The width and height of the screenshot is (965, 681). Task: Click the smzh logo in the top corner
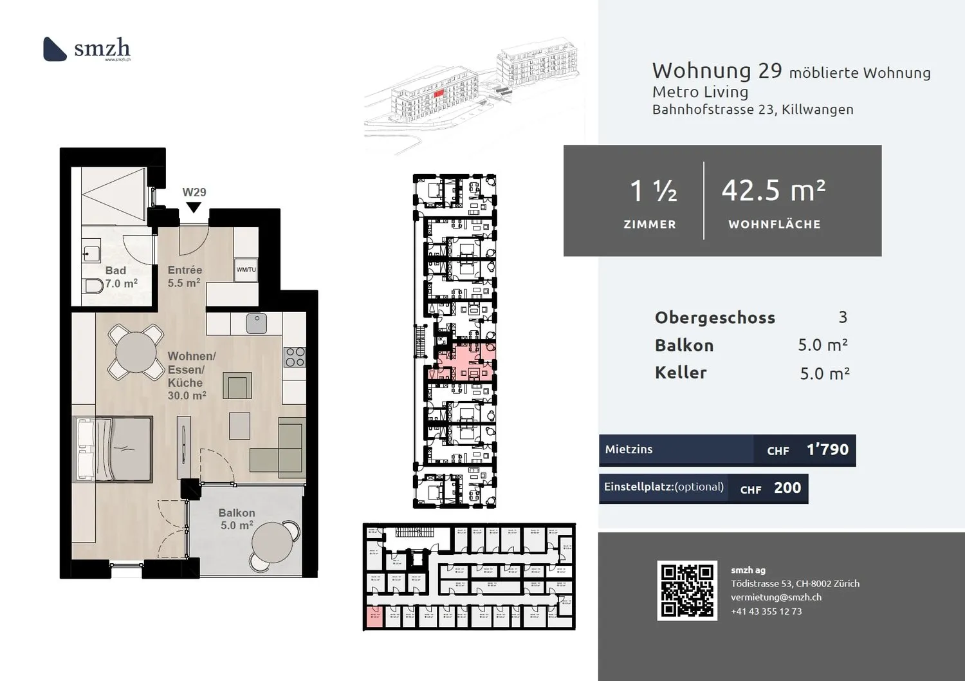coord(87,49)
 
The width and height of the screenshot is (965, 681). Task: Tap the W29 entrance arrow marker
coord(194,207)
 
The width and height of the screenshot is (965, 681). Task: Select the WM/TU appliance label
coord(246,270)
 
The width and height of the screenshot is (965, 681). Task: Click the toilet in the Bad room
coord(94,286)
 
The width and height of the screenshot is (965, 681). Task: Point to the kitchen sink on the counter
coord(256,323)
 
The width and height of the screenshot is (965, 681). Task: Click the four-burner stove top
coord(295,357)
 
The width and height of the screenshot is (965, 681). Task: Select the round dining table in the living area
coord(136,351)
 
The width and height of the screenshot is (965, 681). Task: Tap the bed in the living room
coord(114,449)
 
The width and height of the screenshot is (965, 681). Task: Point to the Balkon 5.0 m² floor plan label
coord(237,519)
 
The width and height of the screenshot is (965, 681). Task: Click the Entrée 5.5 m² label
coord(185,276)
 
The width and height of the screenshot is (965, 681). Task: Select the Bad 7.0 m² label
coord(118,277)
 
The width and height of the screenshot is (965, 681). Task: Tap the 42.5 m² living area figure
coord(773,191)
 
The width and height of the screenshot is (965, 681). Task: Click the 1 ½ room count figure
coord(653,191)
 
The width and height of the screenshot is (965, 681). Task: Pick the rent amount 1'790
coord(827,449)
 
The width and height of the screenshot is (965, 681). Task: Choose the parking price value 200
coord(787,488)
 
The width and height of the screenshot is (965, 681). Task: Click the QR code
coord(687,590)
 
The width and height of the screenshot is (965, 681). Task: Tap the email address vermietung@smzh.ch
coord(776,597)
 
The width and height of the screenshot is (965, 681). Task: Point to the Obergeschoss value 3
coord(843,317)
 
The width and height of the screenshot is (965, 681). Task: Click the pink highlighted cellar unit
coord(374,617)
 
